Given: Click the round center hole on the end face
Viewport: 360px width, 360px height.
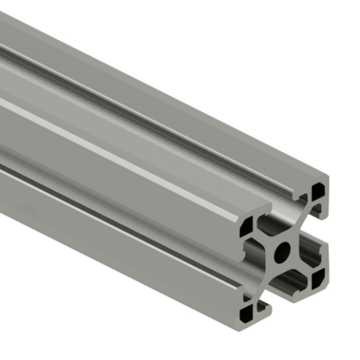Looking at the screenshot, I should pos(282,253).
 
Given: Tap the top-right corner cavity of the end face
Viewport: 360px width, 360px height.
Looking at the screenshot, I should pos(318,192).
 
